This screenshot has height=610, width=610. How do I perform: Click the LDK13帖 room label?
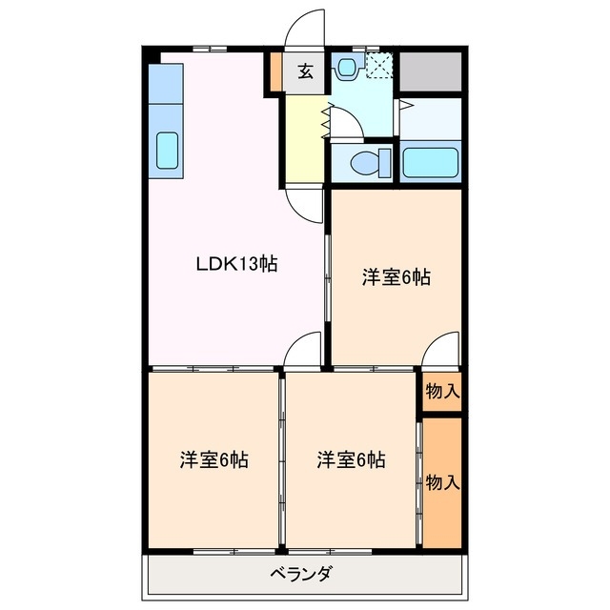coord(236,266)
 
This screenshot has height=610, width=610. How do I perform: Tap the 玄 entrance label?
coord(304,72)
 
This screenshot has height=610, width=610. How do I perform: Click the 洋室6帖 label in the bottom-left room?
coord(214,459)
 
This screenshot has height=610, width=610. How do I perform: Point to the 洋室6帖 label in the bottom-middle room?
coord(352,459)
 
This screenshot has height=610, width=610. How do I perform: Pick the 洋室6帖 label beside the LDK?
coord(396,278)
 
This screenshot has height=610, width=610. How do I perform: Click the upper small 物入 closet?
coord(442,391)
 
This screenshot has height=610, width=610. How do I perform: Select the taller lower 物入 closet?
coord(442,481)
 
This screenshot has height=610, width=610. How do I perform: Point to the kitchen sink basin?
coord(167,151)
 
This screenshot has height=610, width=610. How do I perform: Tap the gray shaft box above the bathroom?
coord(430,71)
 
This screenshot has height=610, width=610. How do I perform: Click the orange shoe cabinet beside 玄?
coord(276,72)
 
